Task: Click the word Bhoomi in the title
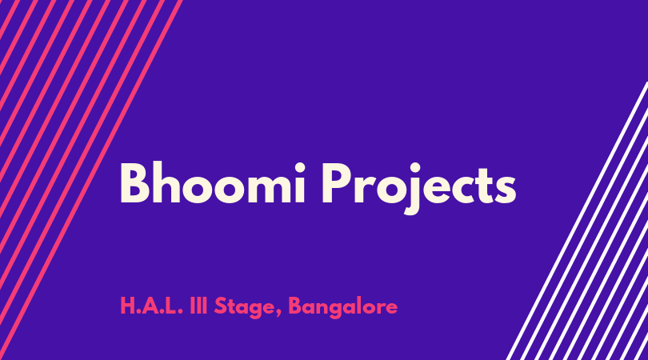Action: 213,182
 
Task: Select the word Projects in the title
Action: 418,188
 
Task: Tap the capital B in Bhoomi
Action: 134,183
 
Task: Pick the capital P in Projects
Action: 336,183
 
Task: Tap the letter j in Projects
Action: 414,189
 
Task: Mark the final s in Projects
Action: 506,190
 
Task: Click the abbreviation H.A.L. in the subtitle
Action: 152,306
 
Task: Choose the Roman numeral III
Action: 198,306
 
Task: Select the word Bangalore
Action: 343,308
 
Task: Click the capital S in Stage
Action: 221,306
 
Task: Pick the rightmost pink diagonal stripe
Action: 92,180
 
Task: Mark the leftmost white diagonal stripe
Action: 578,221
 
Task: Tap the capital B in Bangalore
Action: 295,306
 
